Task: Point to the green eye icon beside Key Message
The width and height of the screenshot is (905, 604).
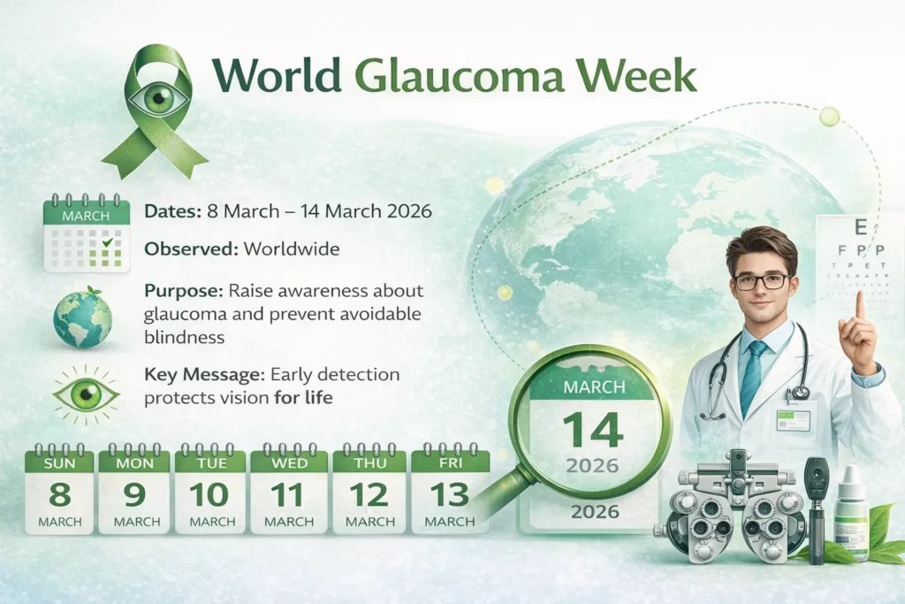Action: (86, 394)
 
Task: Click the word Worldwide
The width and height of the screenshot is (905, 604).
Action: (293, 249)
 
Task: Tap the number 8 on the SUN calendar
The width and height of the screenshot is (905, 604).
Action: (60, 493)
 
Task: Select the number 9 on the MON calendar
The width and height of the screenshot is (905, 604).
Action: (134, 493)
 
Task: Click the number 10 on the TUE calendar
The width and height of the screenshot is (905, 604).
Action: (209, 493)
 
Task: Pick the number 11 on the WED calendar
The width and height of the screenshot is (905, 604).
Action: (286, 493)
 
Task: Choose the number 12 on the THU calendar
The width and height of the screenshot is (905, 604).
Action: (368, 493)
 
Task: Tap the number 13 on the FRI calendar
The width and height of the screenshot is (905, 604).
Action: (449, 493)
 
